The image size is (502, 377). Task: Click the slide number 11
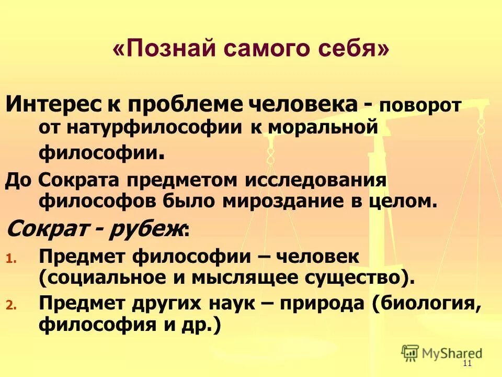(467, 365)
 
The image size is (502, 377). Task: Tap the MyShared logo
(442, 353)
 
